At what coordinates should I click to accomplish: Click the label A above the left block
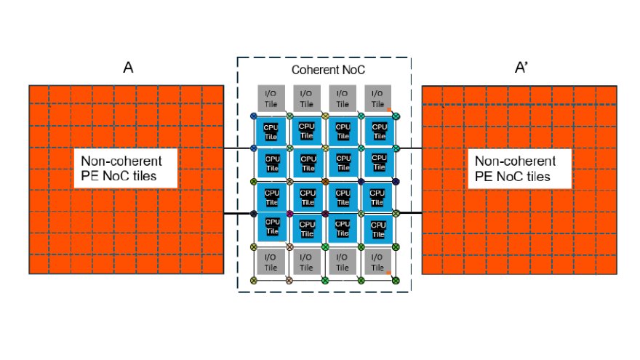(127, 68)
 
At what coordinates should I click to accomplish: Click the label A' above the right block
(521, 68)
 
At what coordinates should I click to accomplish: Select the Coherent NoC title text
(328, 70)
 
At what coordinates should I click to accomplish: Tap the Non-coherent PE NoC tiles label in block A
(126, 169)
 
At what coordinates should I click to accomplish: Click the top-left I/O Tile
(271, 97)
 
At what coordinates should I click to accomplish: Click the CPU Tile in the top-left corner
(271, 132)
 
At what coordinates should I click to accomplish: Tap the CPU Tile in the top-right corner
(379, 132)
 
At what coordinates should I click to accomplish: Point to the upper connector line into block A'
(410, 148)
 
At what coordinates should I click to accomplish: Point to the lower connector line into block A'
(410, 213)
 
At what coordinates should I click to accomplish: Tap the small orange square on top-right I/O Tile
(389, 108)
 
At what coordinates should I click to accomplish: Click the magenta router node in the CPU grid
(289, 214)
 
